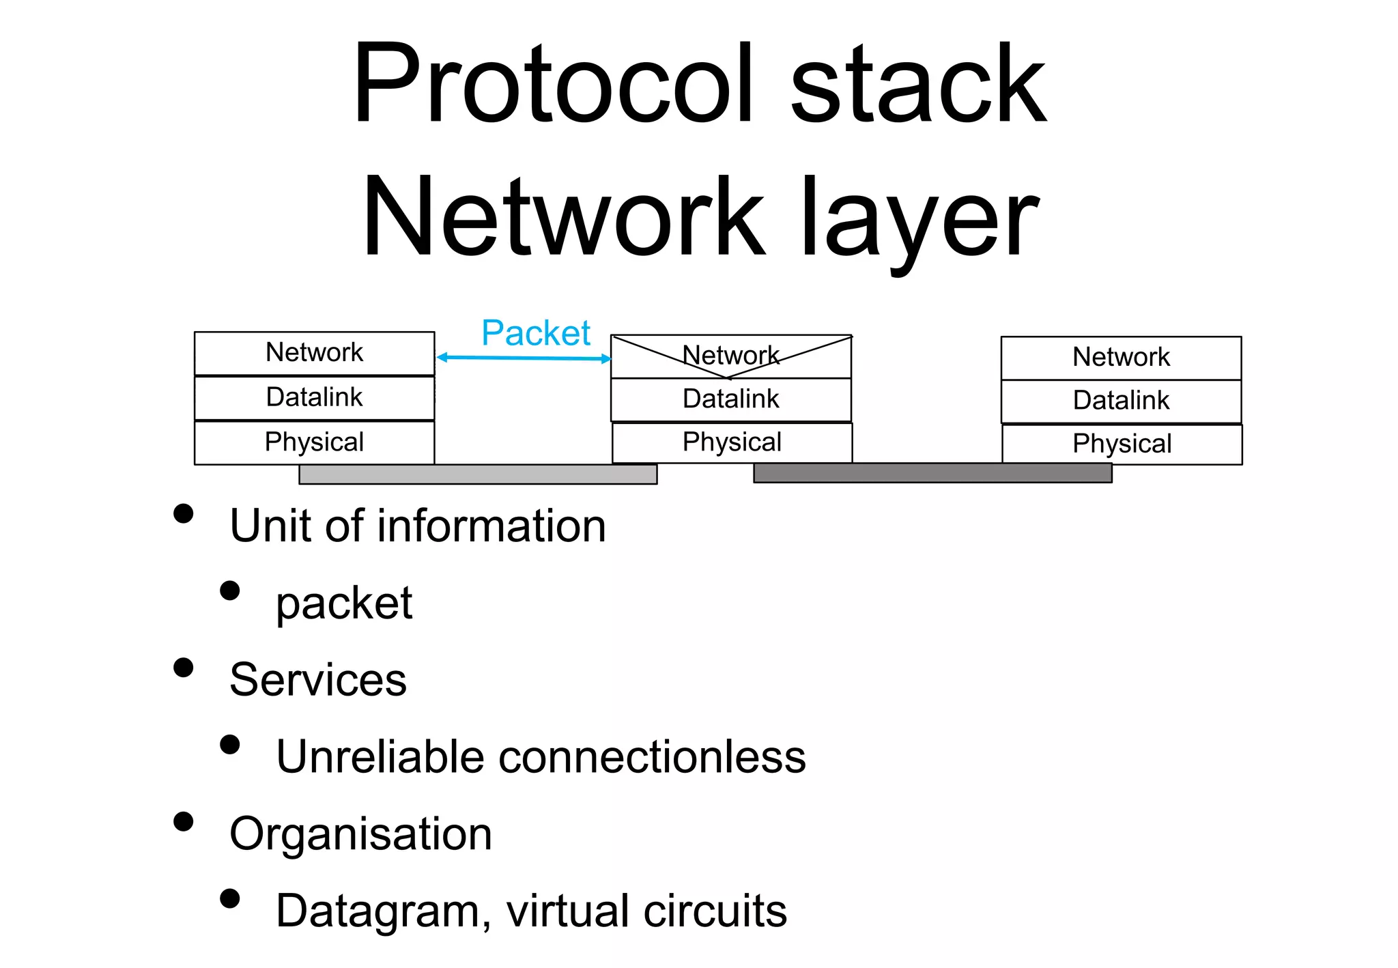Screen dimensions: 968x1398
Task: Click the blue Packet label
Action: point(535,333)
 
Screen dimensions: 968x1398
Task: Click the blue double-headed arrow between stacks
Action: point(524,358)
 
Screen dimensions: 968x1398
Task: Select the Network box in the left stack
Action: point(314,353)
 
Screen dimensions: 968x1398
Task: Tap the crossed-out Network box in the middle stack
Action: point(730,356)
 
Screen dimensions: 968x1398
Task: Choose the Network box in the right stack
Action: point(1121,358)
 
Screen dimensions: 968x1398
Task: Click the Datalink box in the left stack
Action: point(314,397)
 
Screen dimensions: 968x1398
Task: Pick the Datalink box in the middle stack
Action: point(730,399)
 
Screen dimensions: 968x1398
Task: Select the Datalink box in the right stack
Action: point(1121,401)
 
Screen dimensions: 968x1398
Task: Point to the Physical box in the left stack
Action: point(314,442)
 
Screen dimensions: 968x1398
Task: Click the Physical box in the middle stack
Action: point(732,442)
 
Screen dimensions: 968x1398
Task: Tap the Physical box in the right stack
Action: point(1122,444)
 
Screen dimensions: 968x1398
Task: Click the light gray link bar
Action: point(478,474)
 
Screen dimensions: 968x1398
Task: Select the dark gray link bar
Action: point(932,472)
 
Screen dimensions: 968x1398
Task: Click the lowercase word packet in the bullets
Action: point(344,603)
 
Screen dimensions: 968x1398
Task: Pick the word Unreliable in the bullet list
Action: point(380,757)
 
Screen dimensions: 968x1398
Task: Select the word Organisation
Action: point(360,834)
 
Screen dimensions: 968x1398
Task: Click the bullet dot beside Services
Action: point(183,667)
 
